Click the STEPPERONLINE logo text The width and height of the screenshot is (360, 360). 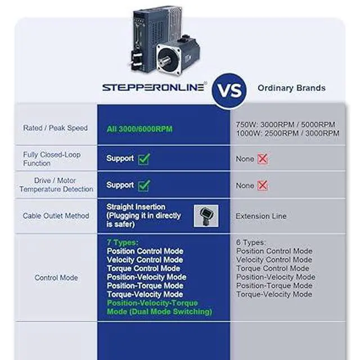(x=153, y=88)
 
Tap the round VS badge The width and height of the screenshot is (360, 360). (x=229, y=89)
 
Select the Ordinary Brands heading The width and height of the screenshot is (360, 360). (x=291, y=88)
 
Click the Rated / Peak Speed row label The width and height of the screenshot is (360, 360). (x=55, y=128)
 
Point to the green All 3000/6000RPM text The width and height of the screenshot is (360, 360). (x=139, y=129)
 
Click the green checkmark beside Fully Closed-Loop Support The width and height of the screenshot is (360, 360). (x=143, y=159)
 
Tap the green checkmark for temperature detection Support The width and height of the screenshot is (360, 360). (x=143, y=185)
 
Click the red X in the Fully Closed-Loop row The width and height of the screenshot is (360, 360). (x=263, y=159)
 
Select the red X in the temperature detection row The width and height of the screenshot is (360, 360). (x=263, y=186)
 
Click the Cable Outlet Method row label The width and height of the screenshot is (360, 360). (x=56, y=215)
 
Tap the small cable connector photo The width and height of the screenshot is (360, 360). (x=206, y=215)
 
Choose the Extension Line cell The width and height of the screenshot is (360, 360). (x=261, y=216)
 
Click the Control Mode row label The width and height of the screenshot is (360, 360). (x=56, y=277)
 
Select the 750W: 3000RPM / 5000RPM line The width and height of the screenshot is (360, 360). (x=285, y=124)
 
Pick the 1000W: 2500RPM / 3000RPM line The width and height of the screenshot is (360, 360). (x=287, y=133)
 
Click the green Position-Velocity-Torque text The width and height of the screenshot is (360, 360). (x=152, y=303)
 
